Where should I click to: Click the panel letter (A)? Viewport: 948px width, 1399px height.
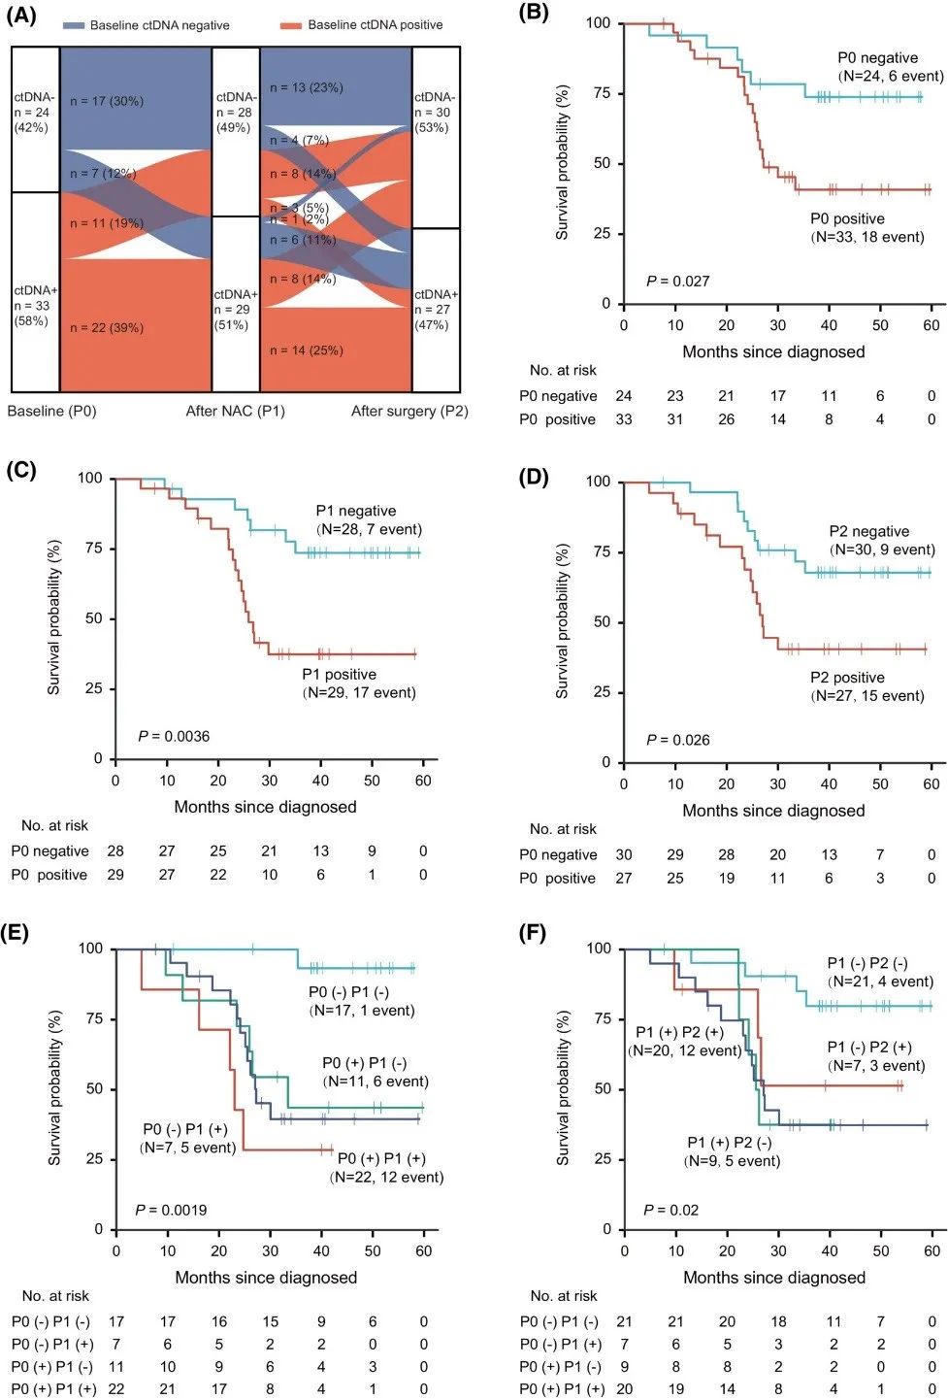coord(20,16)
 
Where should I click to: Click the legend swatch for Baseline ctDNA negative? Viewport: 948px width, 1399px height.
coord(74,25)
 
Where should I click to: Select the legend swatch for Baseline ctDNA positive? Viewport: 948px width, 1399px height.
coord(291,25)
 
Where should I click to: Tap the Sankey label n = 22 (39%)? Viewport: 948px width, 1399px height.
coord(107,328)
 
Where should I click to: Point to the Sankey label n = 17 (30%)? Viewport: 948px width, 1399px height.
coord(107,101)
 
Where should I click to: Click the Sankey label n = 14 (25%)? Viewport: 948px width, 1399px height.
coord(307,350)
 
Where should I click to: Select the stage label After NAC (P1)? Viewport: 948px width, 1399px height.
coord(236,411)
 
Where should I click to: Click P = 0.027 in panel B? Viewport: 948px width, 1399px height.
coord(678,282)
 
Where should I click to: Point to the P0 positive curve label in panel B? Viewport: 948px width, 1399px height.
coord(847,219)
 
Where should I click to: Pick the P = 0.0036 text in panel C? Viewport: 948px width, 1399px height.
coord(174,737)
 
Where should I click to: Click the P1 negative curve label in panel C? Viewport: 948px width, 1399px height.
coord(356,512)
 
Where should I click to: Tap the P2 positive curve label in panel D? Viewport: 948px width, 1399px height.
coord(847,678)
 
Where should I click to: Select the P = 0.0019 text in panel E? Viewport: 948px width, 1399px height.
coord(171,1211)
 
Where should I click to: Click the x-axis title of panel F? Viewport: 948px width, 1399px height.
coord(774,1278)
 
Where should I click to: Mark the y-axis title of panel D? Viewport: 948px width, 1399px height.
coord(562,621)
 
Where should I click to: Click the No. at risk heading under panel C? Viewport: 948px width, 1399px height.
coord(55,826)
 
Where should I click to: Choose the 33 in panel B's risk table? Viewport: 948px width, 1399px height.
coord(624,419)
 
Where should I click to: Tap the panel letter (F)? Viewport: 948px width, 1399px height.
coord(532,934)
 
